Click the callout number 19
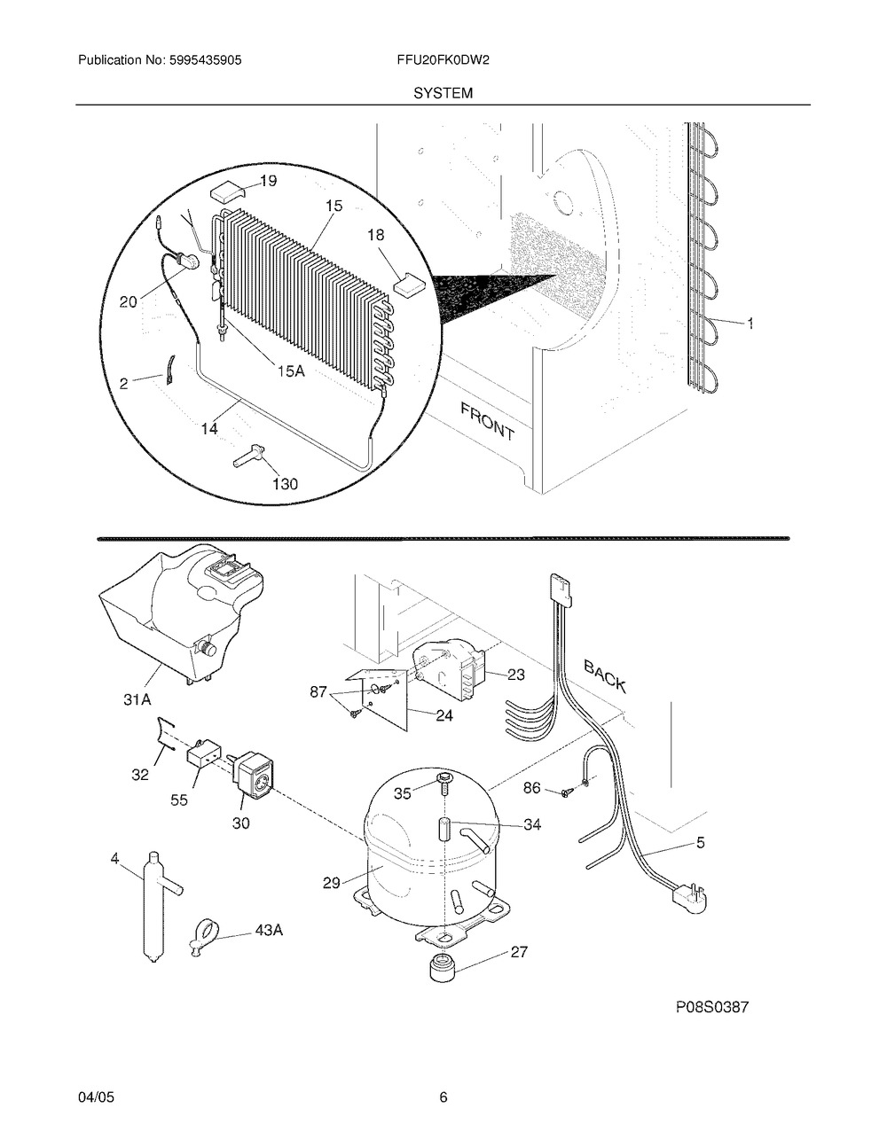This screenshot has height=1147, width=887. (268, 181)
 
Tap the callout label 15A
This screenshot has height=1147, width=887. (292, 371)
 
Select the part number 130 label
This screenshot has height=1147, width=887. (285, 484)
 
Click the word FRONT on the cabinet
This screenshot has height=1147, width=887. (486, 422)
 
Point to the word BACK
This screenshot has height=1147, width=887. (605, 676)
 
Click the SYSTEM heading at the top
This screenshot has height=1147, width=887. (443, 93)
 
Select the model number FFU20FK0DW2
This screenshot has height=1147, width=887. (443, 60)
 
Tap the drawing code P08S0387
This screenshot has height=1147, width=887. (712, 1008)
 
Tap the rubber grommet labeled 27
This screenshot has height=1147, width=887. (443, 968)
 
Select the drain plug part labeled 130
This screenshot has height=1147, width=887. (250, 455)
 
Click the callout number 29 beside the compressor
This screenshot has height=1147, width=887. (332, 882)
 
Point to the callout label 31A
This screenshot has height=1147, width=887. (137, 700)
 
